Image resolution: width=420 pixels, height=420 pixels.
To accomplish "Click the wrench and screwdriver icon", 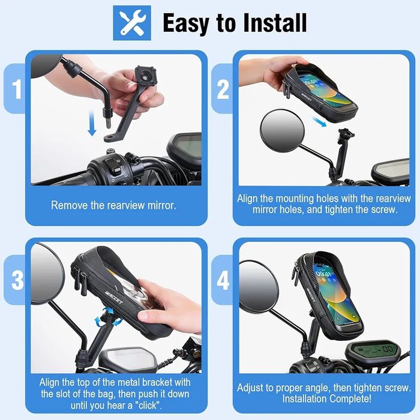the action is [132, 23].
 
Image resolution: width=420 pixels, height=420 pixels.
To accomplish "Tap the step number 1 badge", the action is [16, 89].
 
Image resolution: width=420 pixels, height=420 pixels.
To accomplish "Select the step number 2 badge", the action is [223, 89].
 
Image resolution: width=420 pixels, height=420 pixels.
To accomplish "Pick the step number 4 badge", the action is [223, 280].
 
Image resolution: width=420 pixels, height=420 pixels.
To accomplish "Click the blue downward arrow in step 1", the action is [92, 123].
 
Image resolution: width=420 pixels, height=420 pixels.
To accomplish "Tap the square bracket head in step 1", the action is [145, 76].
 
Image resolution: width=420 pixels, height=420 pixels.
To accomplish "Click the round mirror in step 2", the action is [283, 131].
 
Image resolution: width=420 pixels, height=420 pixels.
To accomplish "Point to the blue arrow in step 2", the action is [319, 122].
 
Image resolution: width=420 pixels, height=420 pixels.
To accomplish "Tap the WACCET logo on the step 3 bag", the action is [115, 297].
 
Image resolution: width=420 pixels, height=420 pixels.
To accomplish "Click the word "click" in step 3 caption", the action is [149, 405].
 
